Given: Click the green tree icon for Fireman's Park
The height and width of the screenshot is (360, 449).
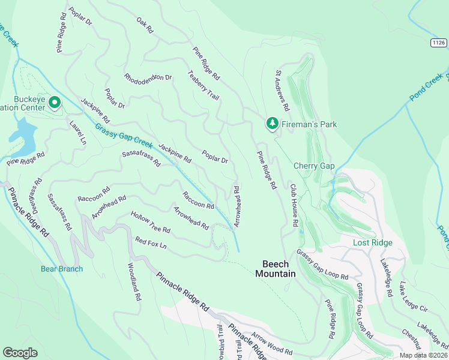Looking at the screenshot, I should [x=273, y=123].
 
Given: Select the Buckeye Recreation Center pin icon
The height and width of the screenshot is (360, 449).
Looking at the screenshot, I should [x=55, y=103].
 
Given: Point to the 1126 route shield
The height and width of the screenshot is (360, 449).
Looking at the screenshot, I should [x=438, y=43].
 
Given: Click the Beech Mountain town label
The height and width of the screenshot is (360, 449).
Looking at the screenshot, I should [x=276, y=269].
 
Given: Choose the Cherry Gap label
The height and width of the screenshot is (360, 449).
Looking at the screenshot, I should [x=314, y=166].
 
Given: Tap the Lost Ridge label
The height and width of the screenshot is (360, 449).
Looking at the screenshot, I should [x=372, y=242].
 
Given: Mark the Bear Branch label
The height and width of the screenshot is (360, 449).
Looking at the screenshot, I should [x=62, y=269].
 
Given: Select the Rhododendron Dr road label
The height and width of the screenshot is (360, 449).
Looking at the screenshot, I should [x=148, y=77].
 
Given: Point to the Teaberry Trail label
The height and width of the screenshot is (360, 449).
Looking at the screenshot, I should [x=203, y=85].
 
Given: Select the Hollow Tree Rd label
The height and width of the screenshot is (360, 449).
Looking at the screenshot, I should [x=151, y=222].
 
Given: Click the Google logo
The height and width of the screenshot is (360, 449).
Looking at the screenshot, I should [x=20, y=352].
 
